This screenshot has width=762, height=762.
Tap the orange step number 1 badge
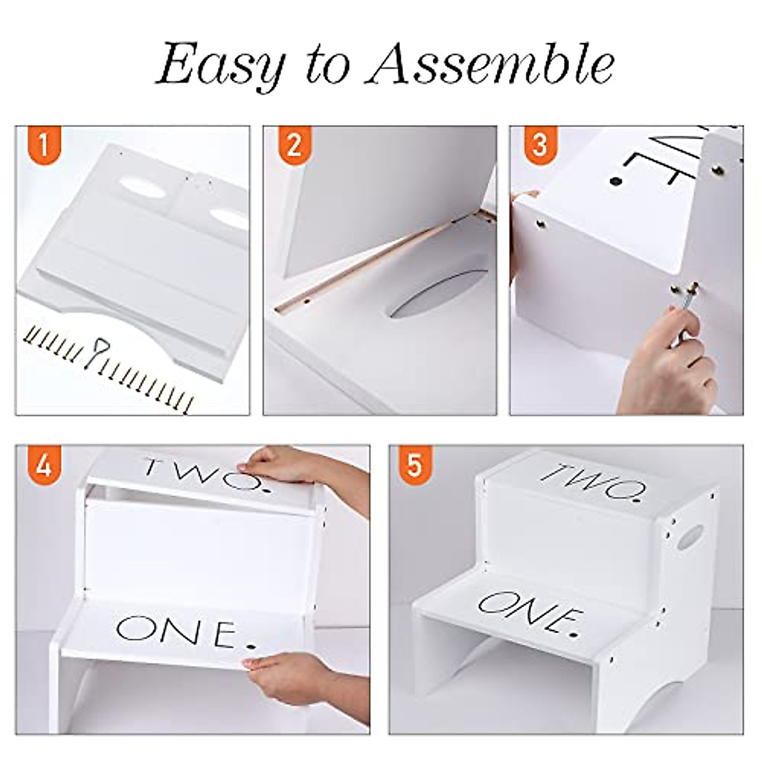[43, 146]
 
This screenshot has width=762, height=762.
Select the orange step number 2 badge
[293, 146]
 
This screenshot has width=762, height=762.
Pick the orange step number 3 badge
[539, 146]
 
